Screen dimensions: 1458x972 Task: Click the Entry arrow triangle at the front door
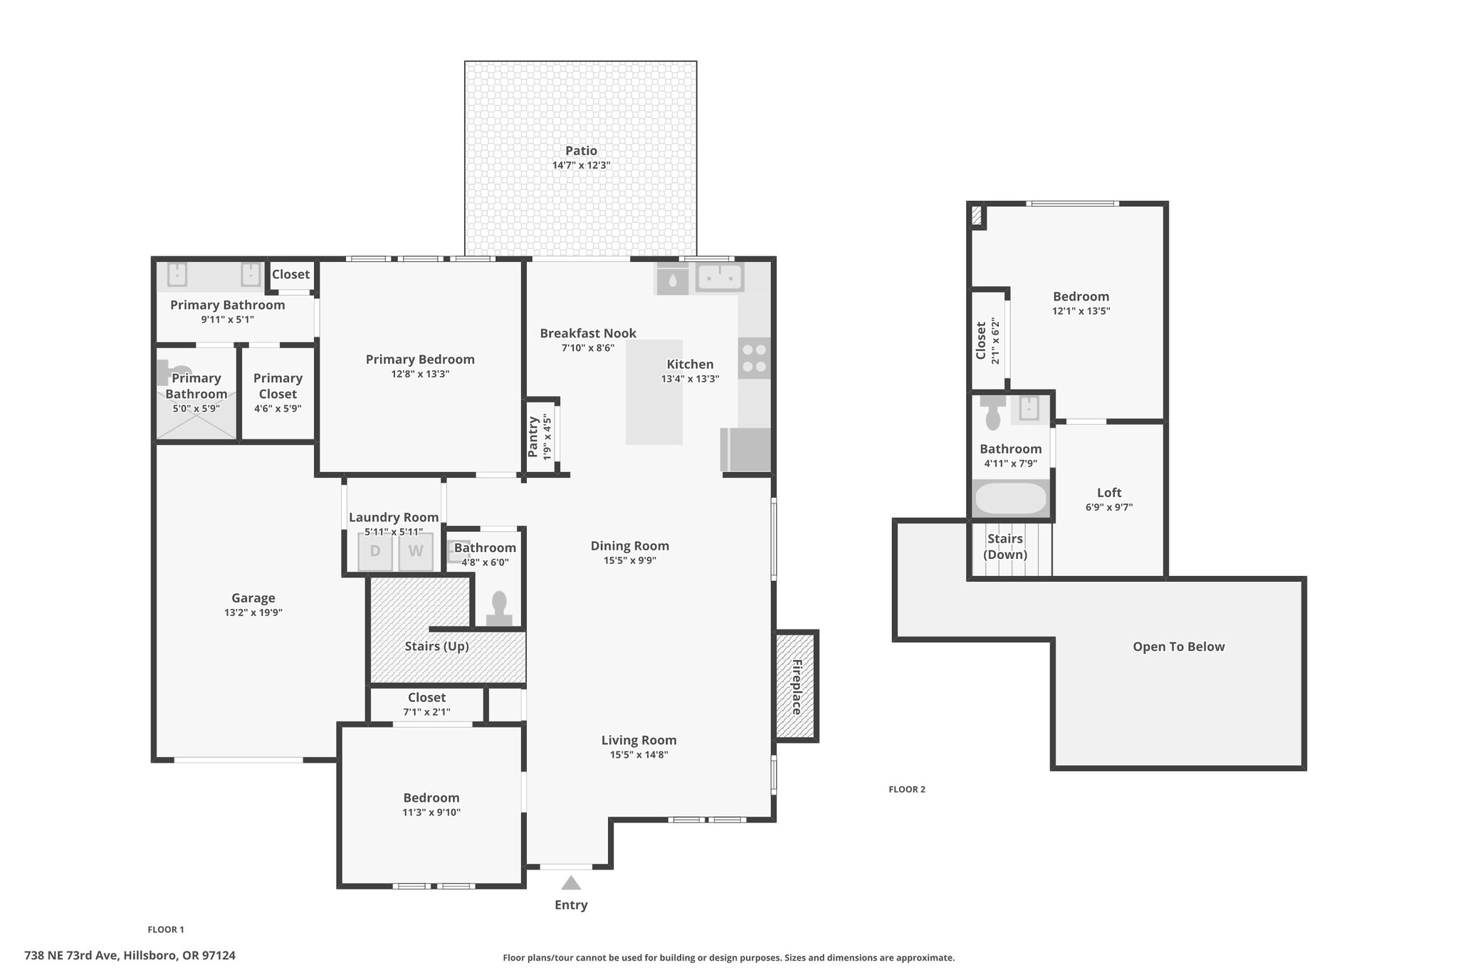coord(571,883)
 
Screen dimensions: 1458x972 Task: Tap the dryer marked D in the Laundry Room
coord(375,551)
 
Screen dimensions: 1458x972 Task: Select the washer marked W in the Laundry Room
coord(416,551)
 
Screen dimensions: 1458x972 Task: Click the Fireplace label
coord(797,687)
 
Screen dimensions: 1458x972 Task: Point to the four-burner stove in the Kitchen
coord(755,358)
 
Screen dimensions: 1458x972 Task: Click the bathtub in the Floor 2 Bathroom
coord(1011,498)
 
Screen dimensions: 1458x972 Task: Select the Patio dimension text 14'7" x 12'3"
coord(581,165)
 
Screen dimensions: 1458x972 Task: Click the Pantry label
coord(533,437)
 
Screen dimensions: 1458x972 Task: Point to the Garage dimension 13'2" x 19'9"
coord(253,612)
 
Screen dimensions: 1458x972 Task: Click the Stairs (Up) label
coord(436,647)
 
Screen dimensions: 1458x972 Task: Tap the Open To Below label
coord(1179,647)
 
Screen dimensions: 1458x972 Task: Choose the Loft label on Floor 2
coord(1109,492)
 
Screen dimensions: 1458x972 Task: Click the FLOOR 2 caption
coord(907,789)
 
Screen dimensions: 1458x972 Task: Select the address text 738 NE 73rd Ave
coord(70,956)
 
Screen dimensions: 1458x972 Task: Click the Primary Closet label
coord(278,386)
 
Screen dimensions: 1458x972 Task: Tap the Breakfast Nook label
coord(588,333)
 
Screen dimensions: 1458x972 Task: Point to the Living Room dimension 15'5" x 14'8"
coord(639,755)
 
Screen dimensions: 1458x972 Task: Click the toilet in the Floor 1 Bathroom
coord(499,609)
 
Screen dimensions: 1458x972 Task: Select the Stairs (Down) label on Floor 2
coord(1005,546)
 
